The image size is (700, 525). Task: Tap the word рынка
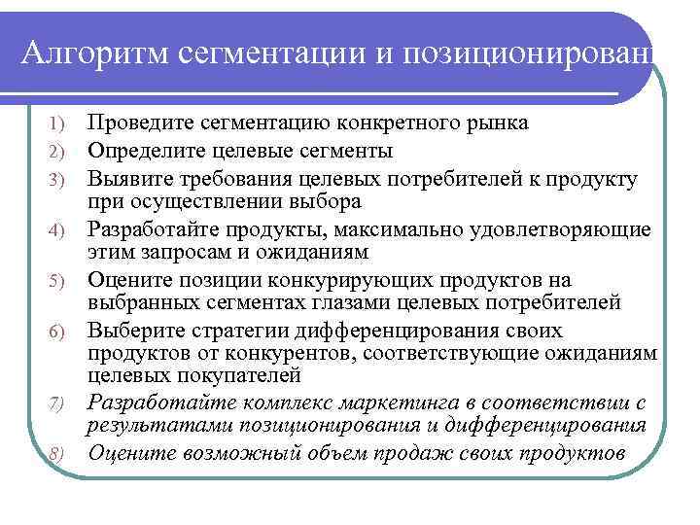496,123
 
